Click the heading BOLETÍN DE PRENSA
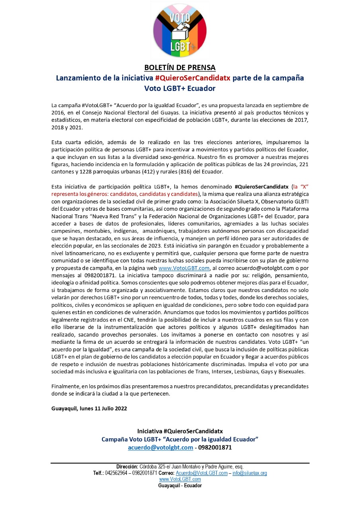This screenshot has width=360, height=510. (180, 67)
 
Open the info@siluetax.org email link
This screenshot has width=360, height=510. (250, 473)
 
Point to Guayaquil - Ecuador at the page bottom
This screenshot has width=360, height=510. (180, 486)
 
